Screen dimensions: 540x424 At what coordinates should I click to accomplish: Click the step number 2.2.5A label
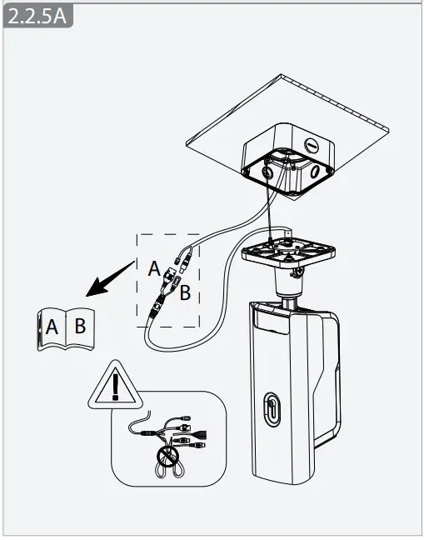(x=36, y=17)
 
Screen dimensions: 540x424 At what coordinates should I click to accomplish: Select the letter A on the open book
(x=52, y=327)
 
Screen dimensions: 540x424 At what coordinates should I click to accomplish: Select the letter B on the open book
(x=79, y=325)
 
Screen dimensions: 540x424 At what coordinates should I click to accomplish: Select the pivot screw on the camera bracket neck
(x=296, y=270)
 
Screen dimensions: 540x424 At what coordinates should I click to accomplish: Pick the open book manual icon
(x=66, y=328)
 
